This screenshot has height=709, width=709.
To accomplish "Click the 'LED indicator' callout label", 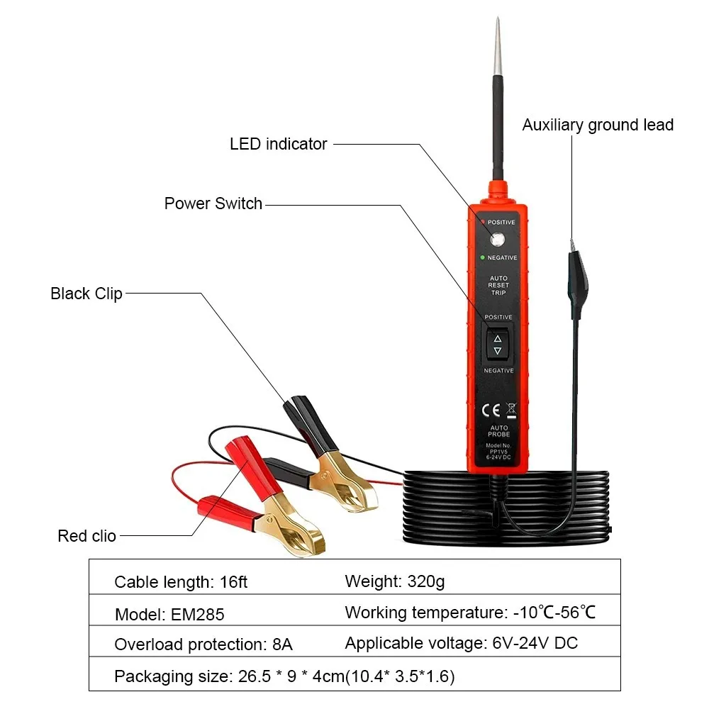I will (278, 144).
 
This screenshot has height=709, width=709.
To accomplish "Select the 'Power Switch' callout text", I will (213, 203).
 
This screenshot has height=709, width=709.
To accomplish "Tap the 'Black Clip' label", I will (86, 294).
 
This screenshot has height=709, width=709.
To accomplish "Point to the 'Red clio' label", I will (86, 536).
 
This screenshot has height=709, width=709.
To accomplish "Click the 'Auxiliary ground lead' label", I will (598, 125).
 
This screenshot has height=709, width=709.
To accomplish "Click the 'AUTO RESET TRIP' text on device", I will (498, 286).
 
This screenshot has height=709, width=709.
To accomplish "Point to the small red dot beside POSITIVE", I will (482, 222).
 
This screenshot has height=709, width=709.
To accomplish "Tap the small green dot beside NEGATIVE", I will (482, 257).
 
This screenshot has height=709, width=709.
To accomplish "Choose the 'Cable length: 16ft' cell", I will (181, 583).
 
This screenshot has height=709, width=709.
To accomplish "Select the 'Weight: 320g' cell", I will (394, 582).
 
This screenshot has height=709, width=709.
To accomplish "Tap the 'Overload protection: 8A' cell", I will (203, 645).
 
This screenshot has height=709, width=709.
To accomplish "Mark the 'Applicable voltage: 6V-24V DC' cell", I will (461, 644).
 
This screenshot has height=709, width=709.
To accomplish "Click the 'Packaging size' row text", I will (284, 676).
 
